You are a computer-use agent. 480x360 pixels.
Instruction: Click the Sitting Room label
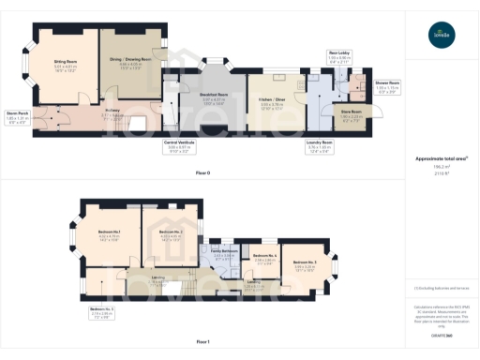click(64, 66)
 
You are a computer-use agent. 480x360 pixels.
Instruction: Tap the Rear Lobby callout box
click(338, 56)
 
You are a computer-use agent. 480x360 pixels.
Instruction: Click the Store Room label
click(351, 116)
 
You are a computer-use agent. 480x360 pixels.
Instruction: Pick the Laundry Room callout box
click(321, 146)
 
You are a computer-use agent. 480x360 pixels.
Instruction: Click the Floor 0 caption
click(202, 174)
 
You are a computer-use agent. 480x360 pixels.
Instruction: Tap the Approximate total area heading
click(441, 158)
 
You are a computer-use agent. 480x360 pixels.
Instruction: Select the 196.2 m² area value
click(441, 167)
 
